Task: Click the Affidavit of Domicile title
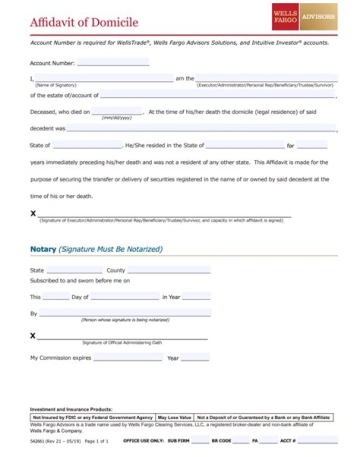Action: (x=84, y=22)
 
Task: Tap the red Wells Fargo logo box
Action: (x=285, y=16)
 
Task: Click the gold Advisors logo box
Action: (x=318, y=16)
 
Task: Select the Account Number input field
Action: (x=113, y=62)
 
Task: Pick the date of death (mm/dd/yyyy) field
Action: (x=116, y=111)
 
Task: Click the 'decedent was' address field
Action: (x=201, y=128)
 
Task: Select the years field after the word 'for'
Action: (x=312, y=145)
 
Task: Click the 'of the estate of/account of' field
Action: (x=218, y=94)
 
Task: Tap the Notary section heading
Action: (x=96, y=249)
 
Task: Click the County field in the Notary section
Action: (x=168, y=270)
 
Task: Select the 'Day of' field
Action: (x=124, y=296)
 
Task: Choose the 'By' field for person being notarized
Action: (x=125, y=313)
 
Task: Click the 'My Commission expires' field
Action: (x=128, y=357)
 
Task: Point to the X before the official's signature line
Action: (x=33, y=335)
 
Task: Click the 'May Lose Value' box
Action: (x=174, y=417)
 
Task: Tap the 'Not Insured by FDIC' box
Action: (x=93, y=417)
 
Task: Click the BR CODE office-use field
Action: (x=240, y=441)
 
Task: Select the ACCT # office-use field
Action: (x=317, y=441)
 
